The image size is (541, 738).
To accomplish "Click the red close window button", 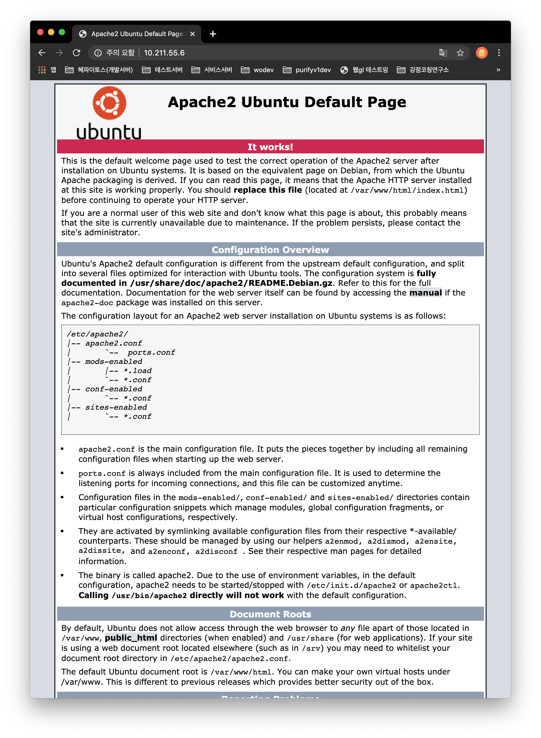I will click(x=40, y=32).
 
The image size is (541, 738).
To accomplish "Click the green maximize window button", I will click(x=62, y=32).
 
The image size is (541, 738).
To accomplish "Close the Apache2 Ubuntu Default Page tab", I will click(x=193, y=34).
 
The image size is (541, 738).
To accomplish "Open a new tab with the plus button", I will click(x=213, y=34).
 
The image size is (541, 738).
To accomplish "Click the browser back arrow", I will click(x=42, y=53).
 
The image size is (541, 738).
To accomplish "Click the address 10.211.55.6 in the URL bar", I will click(x=164, y=53).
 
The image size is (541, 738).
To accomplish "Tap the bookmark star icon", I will click(x=460, y=53).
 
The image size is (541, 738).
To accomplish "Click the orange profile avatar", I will click(x=481, y=53).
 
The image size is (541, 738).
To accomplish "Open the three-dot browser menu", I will click(x=499, y=53).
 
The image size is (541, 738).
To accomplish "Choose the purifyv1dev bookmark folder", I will click(x=307, y=70).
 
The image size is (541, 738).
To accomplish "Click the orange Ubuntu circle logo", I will click(x=109, y=103).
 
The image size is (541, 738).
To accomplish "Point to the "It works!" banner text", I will click(x=270, y=147).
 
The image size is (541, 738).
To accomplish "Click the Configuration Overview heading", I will click(x=270, y=250).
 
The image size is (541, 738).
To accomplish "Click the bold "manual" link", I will click(x=425, y=293).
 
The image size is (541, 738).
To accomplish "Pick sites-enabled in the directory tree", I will click(x=116, y=407).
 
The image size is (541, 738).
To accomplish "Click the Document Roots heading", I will click(x=270, y=614).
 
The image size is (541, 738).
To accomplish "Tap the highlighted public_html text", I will click(x=131, y=638).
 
